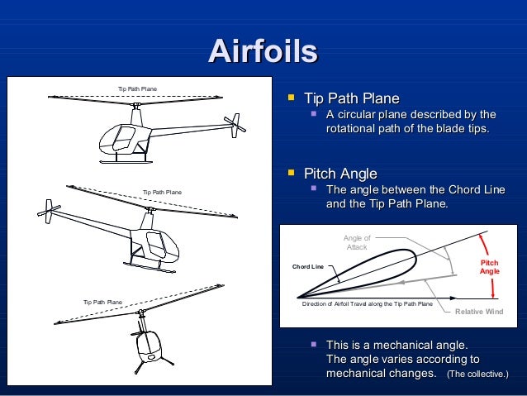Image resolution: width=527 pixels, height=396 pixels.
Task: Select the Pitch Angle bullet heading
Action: (340, 174)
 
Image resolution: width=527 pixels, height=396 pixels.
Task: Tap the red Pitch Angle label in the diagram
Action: (490, 266)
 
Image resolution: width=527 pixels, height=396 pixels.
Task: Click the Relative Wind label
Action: (479, 312)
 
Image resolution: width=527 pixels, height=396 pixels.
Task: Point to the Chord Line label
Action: (308, 267)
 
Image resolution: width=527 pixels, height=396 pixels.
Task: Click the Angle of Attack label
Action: (357, 242)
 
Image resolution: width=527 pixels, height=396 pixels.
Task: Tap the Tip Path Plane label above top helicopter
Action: (137, 88)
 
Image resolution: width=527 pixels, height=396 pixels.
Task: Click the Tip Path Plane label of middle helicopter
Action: (162, 192)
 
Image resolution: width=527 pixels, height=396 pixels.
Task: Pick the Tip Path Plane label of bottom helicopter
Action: (102, 302)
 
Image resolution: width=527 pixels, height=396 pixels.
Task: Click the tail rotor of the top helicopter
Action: (237, 126)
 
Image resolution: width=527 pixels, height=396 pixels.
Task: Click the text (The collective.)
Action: (477, 375)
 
